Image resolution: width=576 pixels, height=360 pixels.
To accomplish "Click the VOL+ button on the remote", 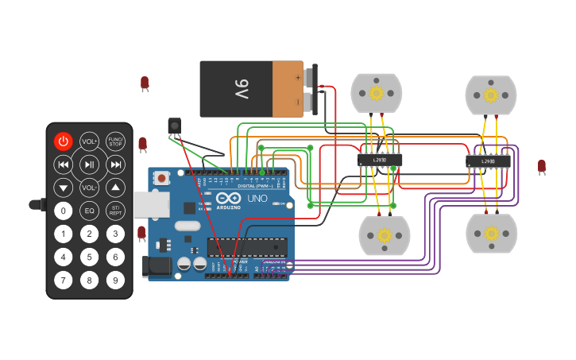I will (89, 141).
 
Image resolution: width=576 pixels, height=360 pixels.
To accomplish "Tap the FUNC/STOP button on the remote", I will (115, 141).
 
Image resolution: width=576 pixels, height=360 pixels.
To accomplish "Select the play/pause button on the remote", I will (89, 165).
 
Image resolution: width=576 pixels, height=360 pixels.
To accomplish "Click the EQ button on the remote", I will (89, 211).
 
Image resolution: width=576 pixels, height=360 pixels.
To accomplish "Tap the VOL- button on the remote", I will (89, 188).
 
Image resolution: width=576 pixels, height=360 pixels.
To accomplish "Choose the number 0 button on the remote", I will (63, 211).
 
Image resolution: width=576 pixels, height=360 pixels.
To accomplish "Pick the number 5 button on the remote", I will (89, 257).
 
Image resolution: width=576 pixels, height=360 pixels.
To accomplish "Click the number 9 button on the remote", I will (115, 280).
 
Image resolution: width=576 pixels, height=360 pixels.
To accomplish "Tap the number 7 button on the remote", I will (63, 280).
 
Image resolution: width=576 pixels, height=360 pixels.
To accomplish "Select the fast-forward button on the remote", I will (115, 165).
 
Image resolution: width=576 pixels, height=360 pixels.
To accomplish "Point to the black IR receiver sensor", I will (174, 125).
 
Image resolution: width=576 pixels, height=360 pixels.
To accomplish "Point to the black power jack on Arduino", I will (157, 266).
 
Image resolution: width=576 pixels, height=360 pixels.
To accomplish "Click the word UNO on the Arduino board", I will (257, 198).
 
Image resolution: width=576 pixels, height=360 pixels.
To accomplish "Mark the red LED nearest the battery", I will (145, 83).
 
